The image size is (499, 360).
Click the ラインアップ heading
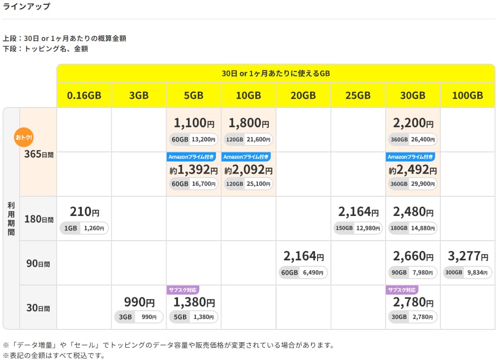[27, 7]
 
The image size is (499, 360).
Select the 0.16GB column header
[84, 95]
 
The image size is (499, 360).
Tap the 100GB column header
[467, 95]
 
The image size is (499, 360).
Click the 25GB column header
[357, 95]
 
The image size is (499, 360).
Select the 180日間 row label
[39, 219]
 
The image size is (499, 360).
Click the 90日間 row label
[38, 263]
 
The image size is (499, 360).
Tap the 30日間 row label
[38, 308]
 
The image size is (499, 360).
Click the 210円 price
[84, 212]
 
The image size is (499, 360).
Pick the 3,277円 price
[467, 256]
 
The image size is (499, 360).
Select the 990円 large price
[139, 301]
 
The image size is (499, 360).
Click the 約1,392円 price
[193, 170]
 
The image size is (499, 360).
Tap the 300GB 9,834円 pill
[467, 273]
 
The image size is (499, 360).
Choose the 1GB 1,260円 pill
[84, 228]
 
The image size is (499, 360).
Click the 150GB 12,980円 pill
[357, 228]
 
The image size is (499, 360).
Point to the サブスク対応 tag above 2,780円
[402, 290]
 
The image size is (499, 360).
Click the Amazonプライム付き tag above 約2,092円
[246, 157]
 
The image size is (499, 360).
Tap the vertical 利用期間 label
[11, 218]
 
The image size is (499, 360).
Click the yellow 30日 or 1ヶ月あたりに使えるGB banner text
[276, 73]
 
